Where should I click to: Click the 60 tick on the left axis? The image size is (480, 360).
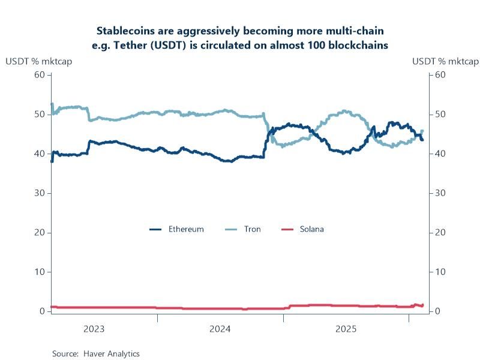[x=40, y=74]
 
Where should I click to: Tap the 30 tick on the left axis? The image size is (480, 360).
[x=40, y=193]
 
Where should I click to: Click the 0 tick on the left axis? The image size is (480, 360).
[x=42, y=311]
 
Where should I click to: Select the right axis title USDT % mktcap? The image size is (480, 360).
[x=445, y=61]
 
